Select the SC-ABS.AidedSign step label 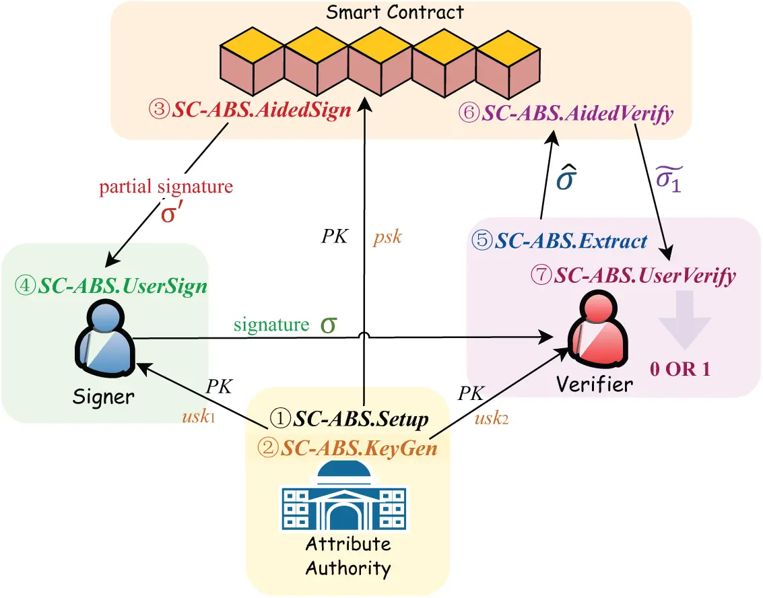coord(251,110)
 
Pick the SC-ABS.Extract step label coord(559,240)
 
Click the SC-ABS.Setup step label coord(349,420)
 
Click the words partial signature coord(166,187)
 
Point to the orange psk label coord(387,237)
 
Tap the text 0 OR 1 coord(679,369)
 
